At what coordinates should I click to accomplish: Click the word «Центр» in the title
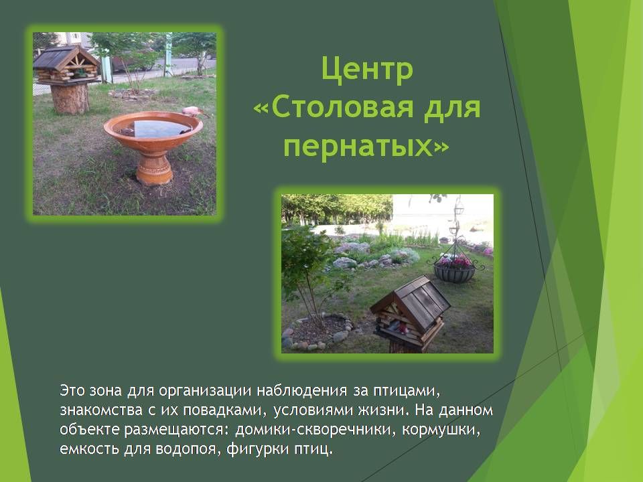click(x=367, y=70)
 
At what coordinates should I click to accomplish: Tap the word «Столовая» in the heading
click(x=341, y=107)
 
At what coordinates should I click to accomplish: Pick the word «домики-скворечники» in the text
click(x=315, y=429)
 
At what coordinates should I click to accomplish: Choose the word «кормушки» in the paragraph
click(x=439, y=430)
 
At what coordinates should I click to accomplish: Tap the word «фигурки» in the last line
click(x=257, y=449)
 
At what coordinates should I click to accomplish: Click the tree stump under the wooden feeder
click(x=70, y=98)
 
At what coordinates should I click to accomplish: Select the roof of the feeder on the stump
click(x=66, y=57)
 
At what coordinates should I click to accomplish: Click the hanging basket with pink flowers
click(x=454, y=269)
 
